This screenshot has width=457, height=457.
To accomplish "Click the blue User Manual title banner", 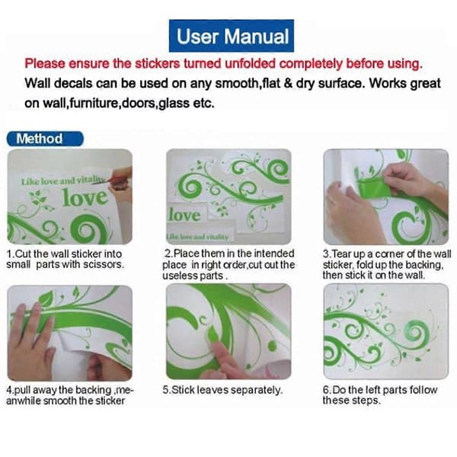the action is click(232, 36).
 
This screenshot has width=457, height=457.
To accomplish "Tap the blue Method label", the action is click(45, 139).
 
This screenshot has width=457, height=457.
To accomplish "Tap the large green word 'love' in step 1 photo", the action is click(85, 197).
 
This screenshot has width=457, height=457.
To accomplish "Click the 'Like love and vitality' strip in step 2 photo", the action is click(198, 236).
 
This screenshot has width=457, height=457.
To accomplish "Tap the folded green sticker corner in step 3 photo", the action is click(374, 187).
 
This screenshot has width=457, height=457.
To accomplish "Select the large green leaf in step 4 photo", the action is click(45, 298).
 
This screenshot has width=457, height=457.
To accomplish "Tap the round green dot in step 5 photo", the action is click(272, 346).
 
